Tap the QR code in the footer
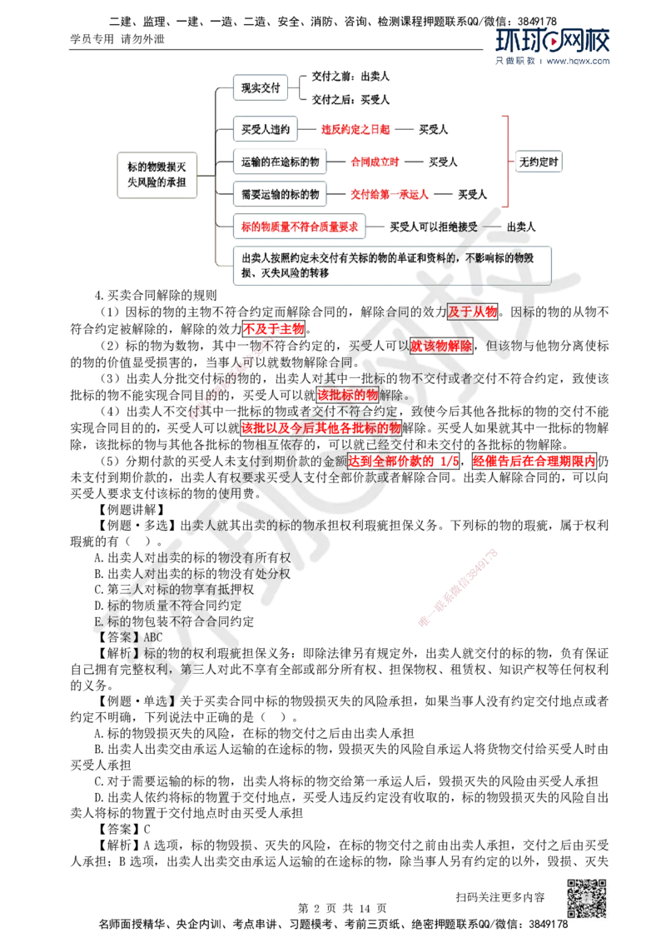587,898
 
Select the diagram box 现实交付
261,87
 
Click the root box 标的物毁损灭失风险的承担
157,175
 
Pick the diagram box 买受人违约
265,129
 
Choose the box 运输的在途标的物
280,162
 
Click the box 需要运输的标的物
280,194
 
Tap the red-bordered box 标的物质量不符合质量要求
300,227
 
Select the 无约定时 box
539,162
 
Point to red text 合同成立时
375,162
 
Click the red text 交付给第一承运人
390,194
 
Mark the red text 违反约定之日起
355,129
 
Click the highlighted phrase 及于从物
473,312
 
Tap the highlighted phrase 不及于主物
274,328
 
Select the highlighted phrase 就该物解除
441,345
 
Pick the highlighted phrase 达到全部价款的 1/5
404,462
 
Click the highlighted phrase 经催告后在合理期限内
534,462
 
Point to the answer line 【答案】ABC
129,637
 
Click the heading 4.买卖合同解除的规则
156,295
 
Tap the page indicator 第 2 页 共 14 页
343,908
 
